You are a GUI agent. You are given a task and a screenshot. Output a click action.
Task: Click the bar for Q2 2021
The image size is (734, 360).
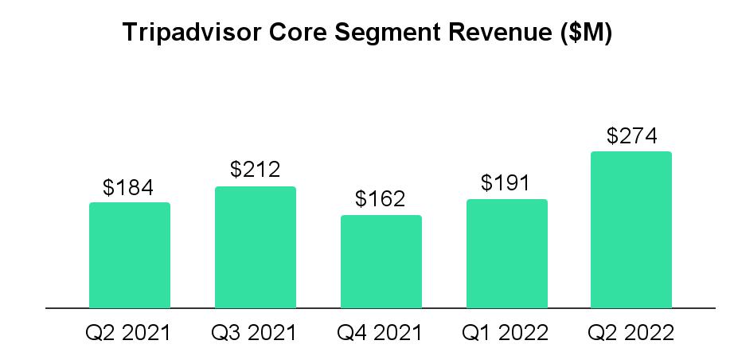pos(129,255)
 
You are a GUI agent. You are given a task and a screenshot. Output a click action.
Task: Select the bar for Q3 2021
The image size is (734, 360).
pos(255,247)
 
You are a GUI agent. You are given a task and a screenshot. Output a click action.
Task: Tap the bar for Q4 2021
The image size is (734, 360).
pos(381,261)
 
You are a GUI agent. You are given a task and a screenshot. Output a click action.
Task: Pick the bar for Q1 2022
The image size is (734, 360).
pos(506,253)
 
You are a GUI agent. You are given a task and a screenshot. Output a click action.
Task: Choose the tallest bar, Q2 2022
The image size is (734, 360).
pos(631,229)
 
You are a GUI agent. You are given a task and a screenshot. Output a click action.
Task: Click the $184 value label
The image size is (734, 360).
pos(128,188)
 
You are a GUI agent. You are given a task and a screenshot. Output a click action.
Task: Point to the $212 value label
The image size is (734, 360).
pos(255,170)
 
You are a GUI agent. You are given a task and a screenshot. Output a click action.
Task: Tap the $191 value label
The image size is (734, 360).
pos(506,183)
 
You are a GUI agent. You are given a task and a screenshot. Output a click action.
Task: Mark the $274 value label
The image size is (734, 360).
pos(631,136)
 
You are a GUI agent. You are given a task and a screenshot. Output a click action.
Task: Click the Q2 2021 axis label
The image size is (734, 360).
pos(128,333)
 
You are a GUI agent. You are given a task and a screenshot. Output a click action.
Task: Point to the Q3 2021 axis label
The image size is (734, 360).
pos(255,333)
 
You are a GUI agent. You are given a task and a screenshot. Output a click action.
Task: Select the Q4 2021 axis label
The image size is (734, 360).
pos(381,333)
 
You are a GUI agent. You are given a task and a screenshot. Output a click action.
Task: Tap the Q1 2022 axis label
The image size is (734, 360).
pos(506,333)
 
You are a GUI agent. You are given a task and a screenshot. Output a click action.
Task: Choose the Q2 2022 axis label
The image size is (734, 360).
pos(631,333)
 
